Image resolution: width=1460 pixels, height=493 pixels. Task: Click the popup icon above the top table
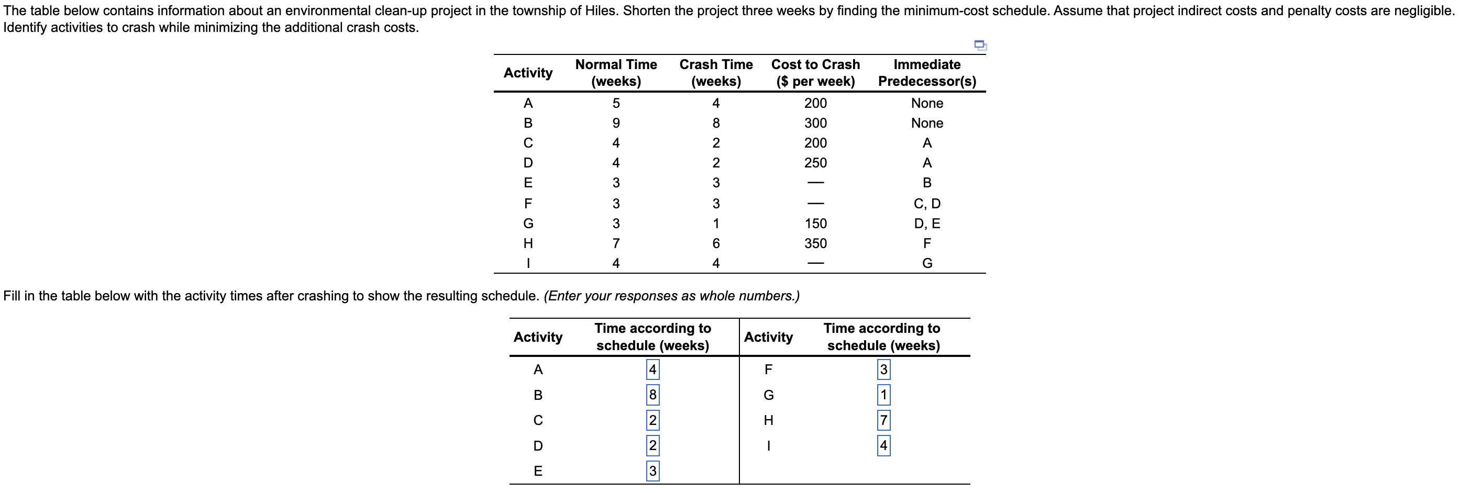pyautogui.click(x=980, y=45)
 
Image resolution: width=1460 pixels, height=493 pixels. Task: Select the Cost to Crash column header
pyautogui.click(x=815, y=73)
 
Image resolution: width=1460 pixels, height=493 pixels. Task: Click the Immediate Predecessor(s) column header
pyautogui.click(x=927, y=73)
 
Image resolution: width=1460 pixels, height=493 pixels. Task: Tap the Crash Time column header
pyautogui.click(x=716, y=73)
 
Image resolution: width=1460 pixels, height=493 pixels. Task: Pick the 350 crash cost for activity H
pyautogui.click(x=815, y=243)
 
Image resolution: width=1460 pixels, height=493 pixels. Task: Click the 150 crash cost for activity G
pyautogui.click(x=815, y=223)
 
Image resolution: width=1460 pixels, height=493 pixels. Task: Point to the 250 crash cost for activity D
pyautogui.click(x=815, y=163)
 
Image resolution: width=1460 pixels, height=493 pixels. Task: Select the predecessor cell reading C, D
pyautogui.click(x=927, y=204)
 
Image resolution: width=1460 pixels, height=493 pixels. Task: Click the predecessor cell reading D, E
pyautogui.click(x=927, y=223)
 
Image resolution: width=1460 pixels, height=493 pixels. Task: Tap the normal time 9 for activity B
pyautogui.click(x=616, y=123)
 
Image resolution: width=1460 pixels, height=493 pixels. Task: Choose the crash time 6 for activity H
pyautogui.click(x=716, y=243)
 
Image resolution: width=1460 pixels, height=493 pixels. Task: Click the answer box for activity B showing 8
pyautogui.click(x=652, y=395)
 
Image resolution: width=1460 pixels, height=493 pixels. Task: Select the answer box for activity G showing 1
pyautogui.click(x=883, y=395)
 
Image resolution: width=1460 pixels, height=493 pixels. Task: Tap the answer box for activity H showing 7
pyautogui.click(x=883, y=420)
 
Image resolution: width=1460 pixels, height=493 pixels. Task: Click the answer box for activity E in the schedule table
pyautogui.click(x=652, y=470)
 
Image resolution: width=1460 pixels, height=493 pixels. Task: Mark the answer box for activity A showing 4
pyautogui.click(x=652, y=369)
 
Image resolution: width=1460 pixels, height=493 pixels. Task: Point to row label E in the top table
pyautogui.click(x=528, y=183)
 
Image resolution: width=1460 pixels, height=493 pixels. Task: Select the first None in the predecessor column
pyautogui.click(x=927, y=103)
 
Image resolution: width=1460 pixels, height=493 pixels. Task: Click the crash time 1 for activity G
pyautogui.click(x=716, y=223)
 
